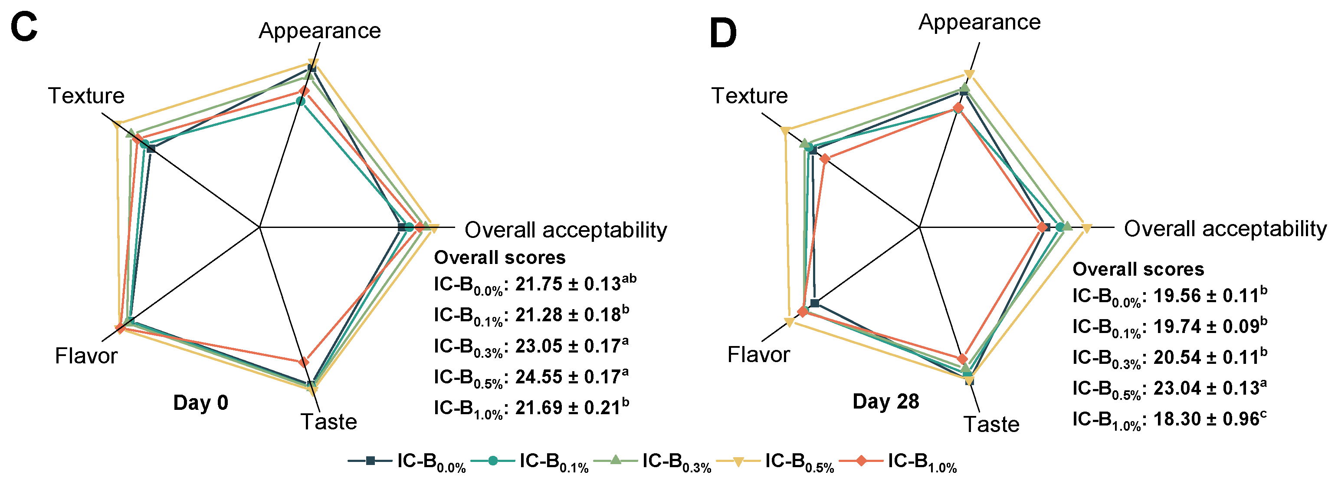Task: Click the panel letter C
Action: point(24,28)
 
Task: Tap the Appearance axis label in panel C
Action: point(319,31)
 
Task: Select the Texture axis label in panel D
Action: point(749,96)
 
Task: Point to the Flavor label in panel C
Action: point(86,356)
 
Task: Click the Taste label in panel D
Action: point(991,424)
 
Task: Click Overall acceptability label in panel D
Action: point(1225,229)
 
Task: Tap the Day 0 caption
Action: point(200,403)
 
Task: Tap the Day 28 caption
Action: point(885,401)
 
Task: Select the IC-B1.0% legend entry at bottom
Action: point(898,462)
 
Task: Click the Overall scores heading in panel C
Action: point(500,258)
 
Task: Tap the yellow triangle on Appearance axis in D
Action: point(969,74)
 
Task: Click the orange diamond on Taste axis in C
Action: point(304,361)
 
